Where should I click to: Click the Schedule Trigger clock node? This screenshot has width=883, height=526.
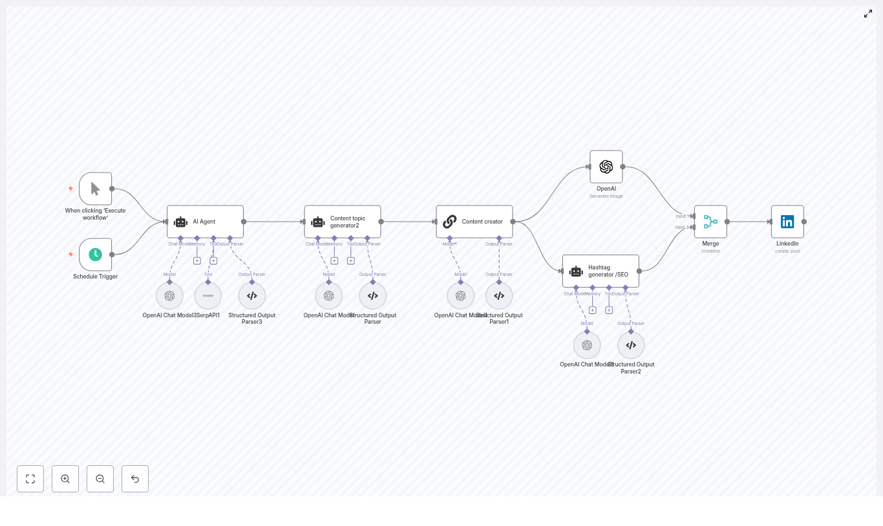point(96,255)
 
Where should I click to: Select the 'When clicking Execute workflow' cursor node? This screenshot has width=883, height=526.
point(96,189)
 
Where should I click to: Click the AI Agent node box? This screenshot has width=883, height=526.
point(205,222)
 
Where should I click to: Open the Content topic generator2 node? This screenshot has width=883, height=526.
point(343,222)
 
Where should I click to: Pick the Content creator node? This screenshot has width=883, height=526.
point(474,222)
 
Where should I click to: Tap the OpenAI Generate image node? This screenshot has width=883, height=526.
point(606,167)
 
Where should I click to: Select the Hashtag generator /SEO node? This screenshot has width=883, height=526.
point(601,271)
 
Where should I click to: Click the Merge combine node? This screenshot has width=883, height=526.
point(710,222)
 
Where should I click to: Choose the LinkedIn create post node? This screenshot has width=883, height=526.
point(787,222)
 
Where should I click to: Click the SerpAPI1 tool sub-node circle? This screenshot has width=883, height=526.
point(208,296)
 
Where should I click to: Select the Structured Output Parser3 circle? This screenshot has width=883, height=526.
point(252,296)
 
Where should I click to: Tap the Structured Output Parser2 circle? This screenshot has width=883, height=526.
point(631,345)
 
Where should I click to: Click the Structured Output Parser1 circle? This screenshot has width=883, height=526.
point(499,296)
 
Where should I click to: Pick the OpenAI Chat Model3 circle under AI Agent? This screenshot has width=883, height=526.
point(169,296)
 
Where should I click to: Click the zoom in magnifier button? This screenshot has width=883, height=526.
point(65,479)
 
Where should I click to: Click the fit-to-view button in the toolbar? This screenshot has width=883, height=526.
point(30,479)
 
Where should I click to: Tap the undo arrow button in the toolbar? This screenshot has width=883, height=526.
point(135,479)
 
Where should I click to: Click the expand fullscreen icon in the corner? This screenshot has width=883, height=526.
point(868,14)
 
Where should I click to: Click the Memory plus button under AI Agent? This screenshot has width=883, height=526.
point(197,261)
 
